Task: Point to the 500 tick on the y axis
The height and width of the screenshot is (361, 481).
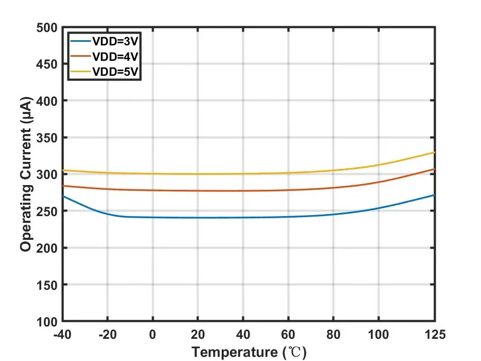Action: (x=47, y=27)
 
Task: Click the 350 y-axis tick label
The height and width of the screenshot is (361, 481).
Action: (x=47, y=138)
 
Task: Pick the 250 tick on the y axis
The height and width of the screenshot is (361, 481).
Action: (x=47, y=211)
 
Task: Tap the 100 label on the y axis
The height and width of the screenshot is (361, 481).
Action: (x=47, y=322)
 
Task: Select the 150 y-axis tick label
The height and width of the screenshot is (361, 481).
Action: (x=47, y=285)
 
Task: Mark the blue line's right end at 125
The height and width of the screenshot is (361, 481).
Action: (x=435, y=195)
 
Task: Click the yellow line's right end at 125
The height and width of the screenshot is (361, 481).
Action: (x=435, y=153)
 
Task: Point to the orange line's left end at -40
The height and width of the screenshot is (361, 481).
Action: (x=63, y=186)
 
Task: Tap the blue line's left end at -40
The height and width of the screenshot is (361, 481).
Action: (x=63, y=196)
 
